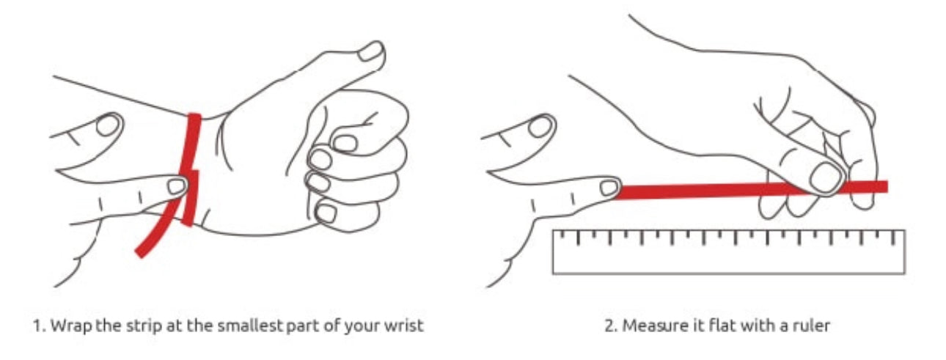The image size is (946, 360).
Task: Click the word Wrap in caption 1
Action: (72, 326)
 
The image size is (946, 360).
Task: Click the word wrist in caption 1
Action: (404, 326)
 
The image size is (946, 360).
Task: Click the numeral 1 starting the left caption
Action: (37, 326)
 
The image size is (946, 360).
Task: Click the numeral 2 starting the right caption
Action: (609, 326)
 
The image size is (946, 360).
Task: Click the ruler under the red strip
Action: (729, 252)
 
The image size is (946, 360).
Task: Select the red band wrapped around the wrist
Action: (189, 169)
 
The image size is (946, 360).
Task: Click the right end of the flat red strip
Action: (887, 186)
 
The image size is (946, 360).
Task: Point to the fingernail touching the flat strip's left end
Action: (609, 188)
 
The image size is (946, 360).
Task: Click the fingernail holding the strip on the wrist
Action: (177, 185)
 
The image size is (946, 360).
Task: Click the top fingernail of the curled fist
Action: (345, 143)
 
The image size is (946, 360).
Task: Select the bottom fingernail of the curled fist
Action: (326, 213)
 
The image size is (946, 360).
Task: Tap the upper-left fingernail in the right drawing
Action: (540, 127)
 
